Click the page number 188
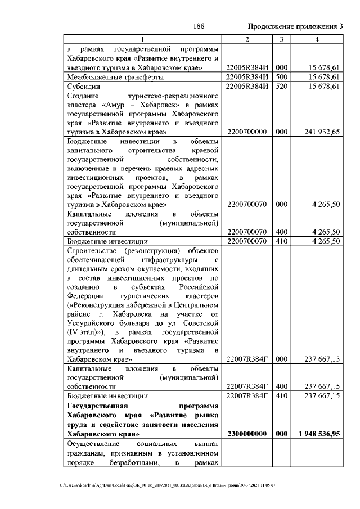(x=197, y=26)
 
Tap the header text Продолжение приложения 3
(x=295, y=26)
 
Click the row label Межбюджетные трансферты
(x=115, y=77)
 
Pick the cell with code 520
(x=281, y=87)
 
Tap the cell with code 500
(x=281, y=77)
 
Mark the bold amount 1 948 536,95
(x=316, y=434)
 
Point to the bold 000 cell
(x=281, y=434)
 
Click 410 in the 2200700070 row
(x=281, y=241)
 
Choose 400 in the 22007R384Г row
(x=281, y=386)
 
